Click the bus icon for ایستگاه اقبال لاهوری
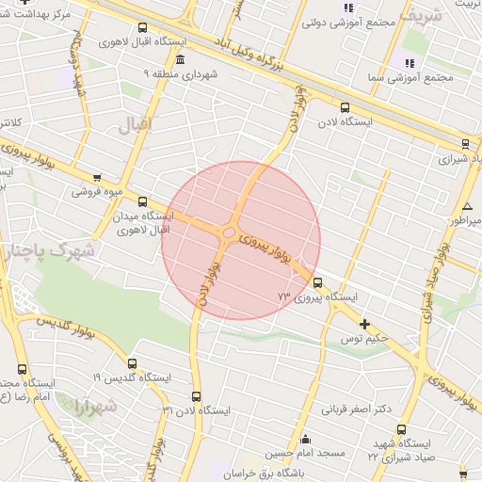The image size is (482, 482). click(142, 28)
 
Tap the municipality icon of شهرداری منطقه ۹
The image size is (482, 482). click(180, 59)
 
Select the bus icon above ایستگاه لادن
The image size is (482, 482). click(345, 107)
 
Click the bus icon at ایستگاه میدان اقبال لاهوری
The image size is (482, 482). click(142, 201)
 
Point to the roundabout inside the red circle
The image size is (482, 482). click(229, 233)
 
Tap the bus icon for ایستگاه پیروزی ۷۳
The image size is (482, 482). click(316, 281)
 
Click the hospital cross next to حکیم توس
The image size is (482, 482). click(363, 323)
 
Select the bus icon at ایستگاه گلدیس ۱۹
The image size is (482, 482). click(130, 363)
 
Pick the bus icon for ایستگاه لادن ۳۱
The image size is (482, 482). click(196, 396)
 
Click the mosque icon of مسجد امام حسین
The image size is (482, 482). click(305, 439)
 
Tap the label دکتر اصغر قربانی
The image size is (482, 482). click(357, 410)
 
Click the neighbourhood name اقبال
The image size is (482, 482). click(134, 125)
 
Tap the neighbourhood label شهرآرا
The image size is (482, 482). click(94, 408)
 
